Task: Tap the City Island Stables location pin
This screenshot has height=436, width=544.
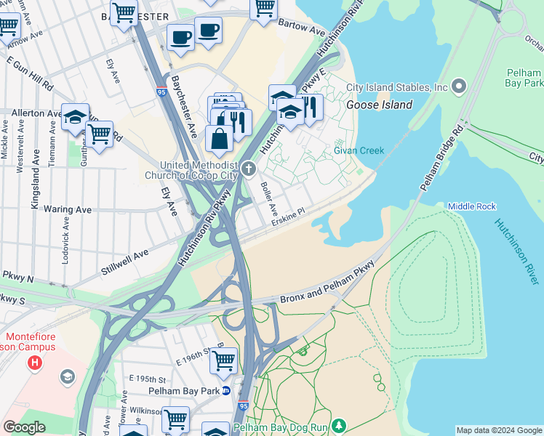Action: (x=458, y=87)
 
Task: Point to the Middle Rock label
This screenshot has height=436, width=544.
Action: (x=471, y=206)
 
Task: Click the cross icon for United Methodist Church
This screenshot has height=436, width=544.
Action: (x=249, y=170)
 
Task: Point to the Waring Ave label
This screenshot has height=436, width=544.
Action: (x=67, y=209)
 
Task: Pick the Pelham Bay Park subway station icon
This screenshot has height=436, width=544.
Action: (x=226, y=390)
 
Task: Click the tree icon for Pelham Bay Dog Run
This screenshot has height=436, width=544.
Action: (x=337, y=425)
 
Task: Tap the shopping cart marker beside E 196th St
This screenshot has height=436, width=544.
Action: (x=224, y=360)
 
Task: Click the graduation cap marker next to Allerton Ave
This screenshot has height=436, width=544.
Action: (x=75, y=116)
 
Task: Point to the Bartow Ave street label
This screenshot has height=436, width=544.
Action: (x=302, y=28)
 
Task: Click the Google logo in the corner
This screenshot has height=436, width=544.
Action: (x=24, y=428)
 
